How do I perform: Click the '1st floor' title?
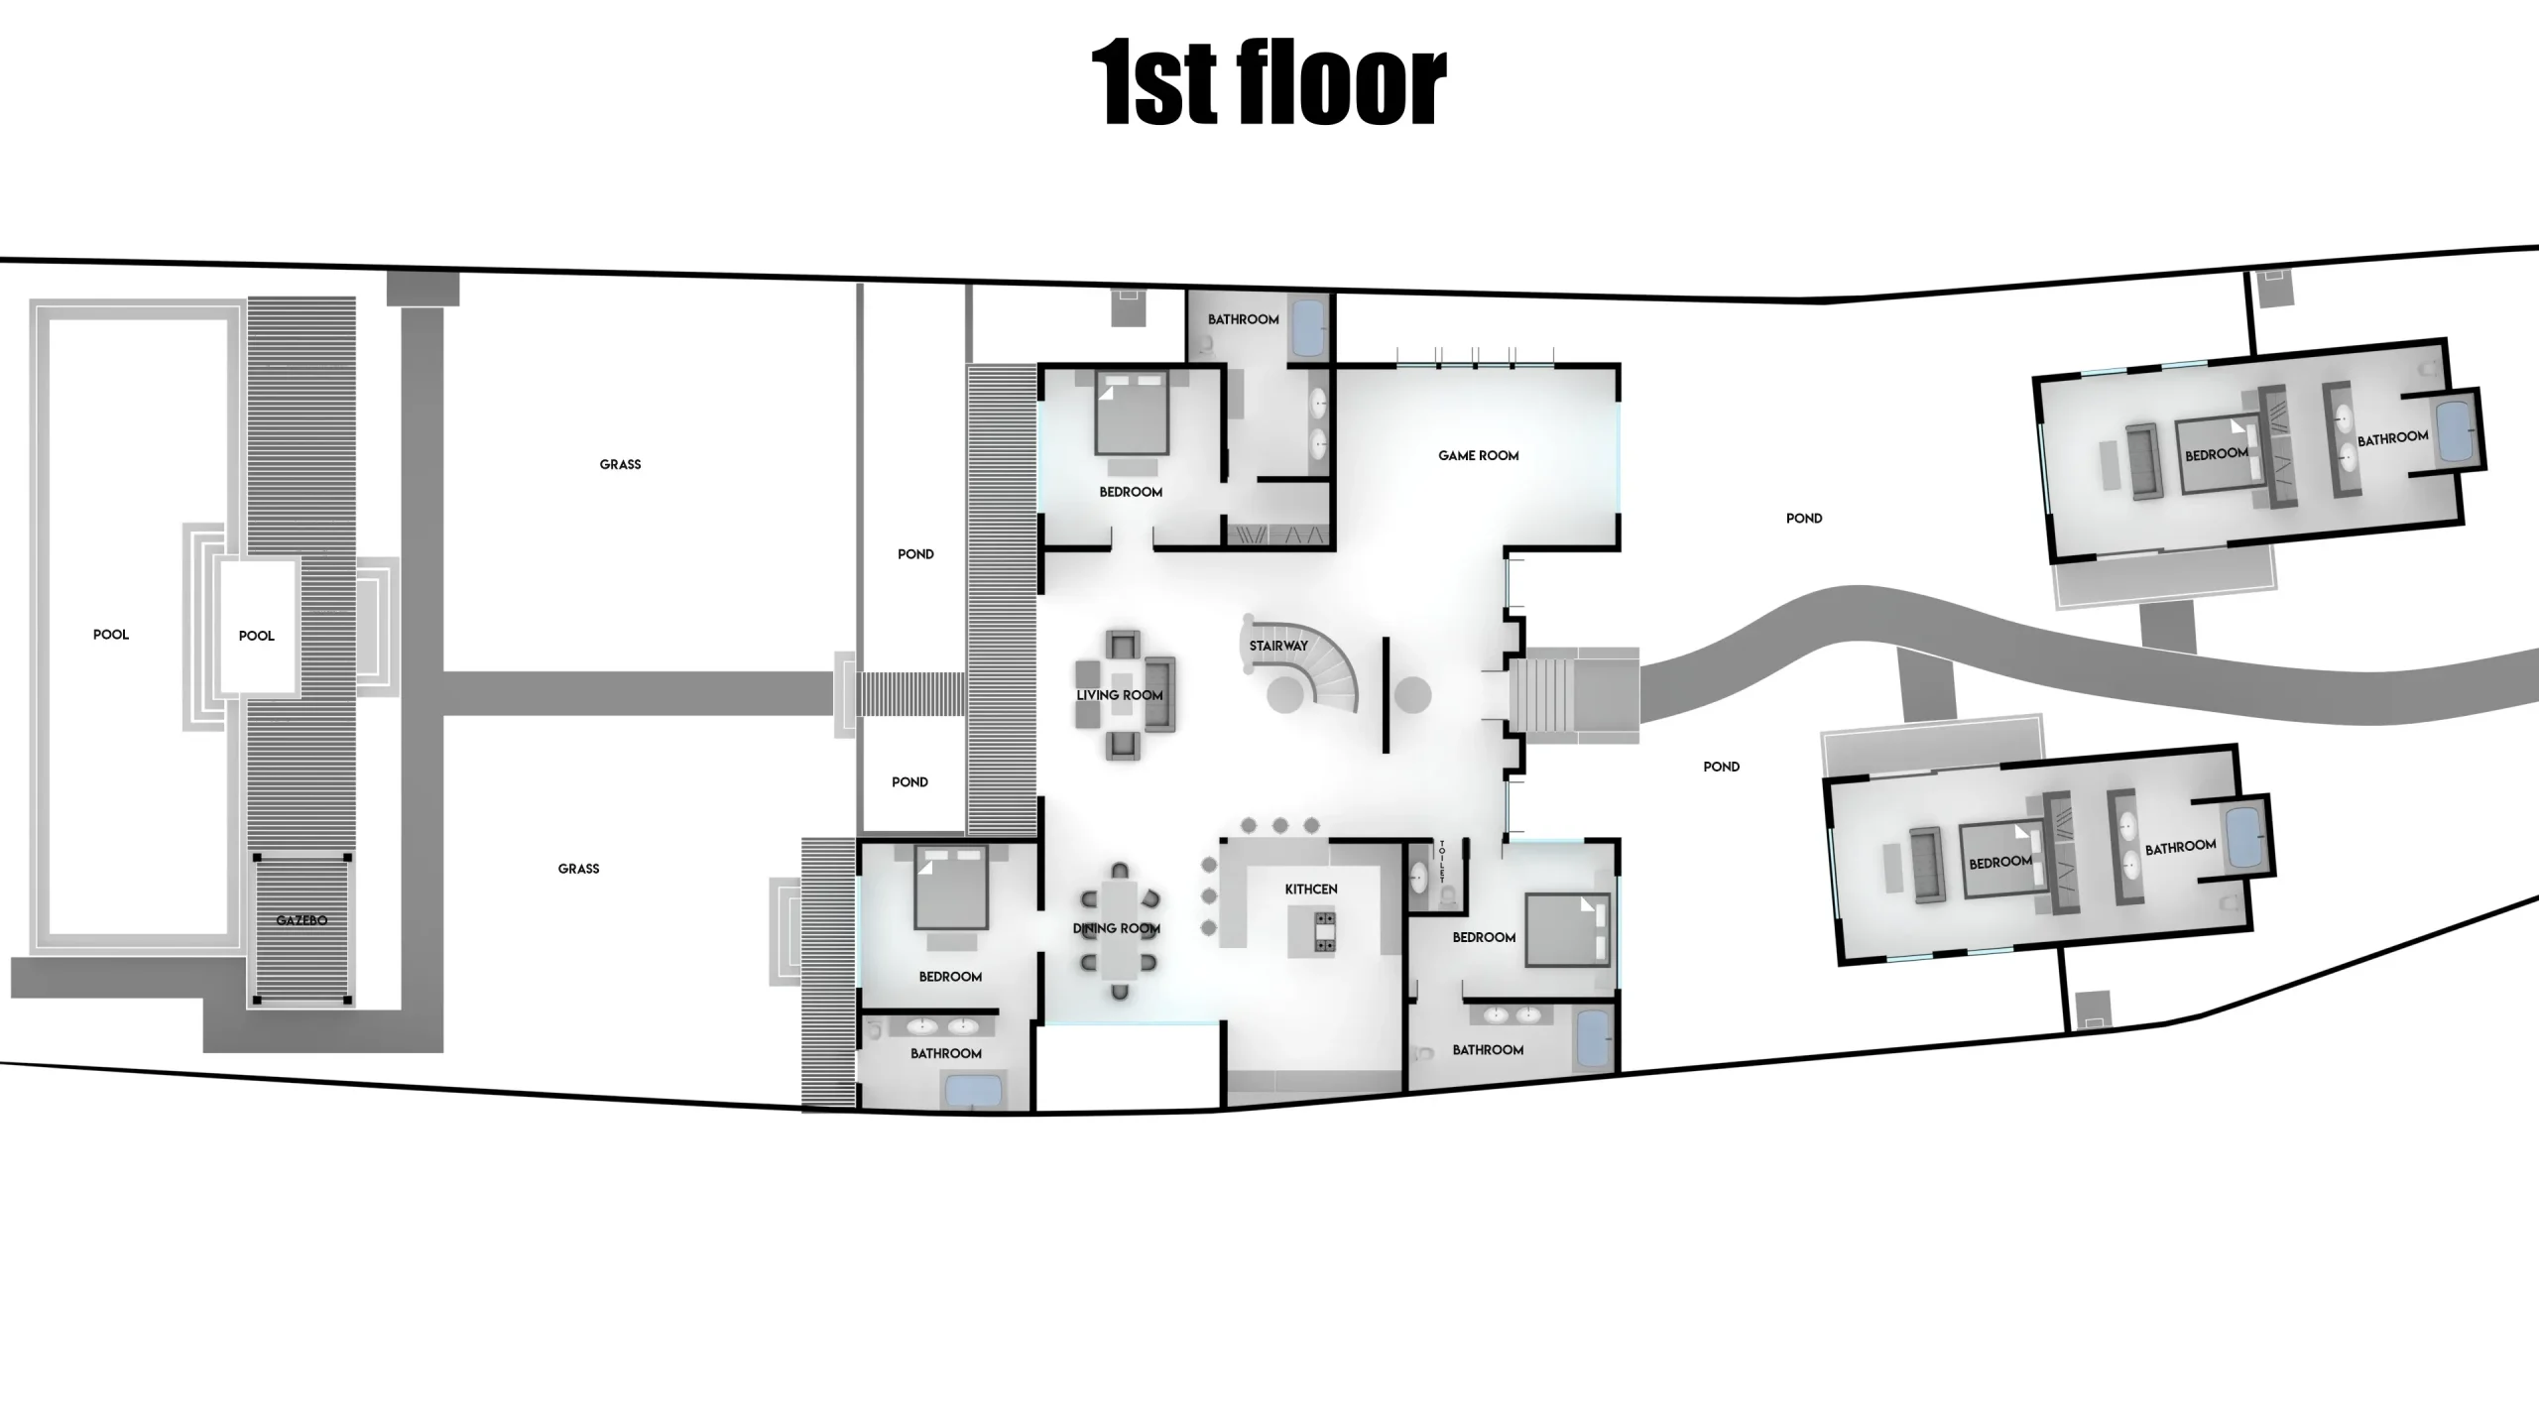click(x=1269, y=84)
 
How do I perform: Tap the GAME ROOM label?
click(x=1479, y=456)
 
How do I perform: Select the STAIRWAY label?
click(x=1278, y=646)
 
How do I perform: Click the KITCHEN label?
click(x=1311, y=890)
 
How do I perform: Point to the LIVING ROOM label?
click(x=1120, y=695)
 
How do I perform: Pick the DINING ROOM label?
click(x=1117, y=929)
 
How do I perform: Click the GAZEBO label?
click(x=302, y=920)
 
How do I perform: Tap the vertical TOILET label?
click(x=1442, y=863)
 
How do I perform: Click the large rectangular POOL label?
click(x=111, y=635)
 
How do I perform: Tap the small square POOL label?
click(x=257, y=636)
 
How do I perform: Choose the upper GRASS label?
click(x=621, y=464)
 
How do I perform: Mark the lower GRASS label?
click(x=579, y=869)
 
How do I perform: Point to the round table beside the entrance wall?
click(x=1412, y=695)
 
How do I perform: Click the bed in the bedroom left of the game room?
click(x=1131, y=415)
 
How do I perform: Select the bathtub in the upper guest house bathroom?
click(x=2458, y=430)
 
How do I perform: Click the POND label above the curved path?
click(x=1804, y=519)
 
